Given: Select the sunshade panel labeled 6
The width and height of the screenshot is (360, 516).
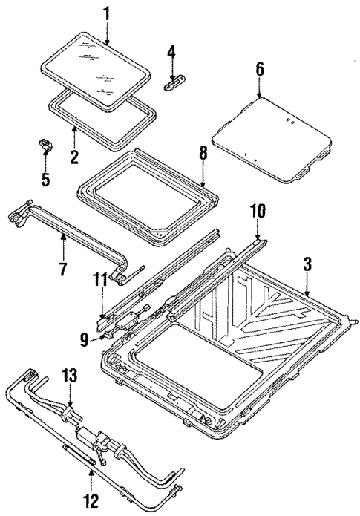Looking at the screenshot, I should pyautogui.click(x=271, y=137).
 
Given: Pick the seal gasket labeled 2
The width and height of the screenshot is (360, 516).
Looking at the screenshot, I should pyautogui.click(x=104, y=111).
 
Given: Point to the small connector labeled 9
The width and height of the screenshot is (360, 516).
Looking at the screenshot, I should pyautogui.click(x=110, y=335).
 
